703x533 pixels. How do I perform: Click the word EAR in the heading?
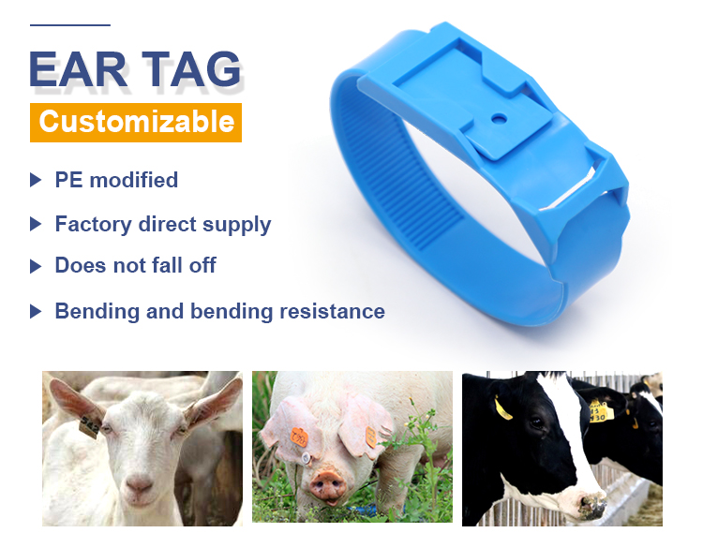pos(78,69)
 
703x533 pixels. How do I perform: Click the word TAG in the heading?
pos(192,69)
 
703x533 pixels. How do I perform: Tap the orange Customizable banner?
pos(136,123)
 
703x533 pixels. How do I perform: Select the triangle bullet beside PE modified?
pos(36,180)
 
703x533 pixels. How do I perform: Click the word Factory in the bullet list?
pos(93,224)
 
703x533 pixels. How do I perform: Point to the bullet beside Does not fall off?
pos(36,266)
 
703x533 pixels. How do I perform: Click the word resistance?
pos(332,311)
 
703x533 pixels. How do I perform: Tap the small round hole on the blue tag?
pos(499,119)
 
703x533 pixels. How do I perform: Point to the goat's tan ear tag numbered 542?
pos(89,426)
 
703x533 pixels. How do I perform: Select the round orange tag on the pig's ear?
pos(299,437)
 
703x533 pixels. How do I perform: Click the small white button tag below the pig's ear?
pos(306,458)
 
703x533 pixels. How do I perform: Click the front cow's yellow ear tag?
pos(502,408)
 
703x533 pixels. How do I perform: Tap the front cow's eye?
pos(536,422)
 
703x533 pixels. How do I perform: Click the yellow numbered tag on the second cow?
pos(601,410)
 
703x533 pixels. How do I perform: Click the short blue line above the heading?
pos(70,25)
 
